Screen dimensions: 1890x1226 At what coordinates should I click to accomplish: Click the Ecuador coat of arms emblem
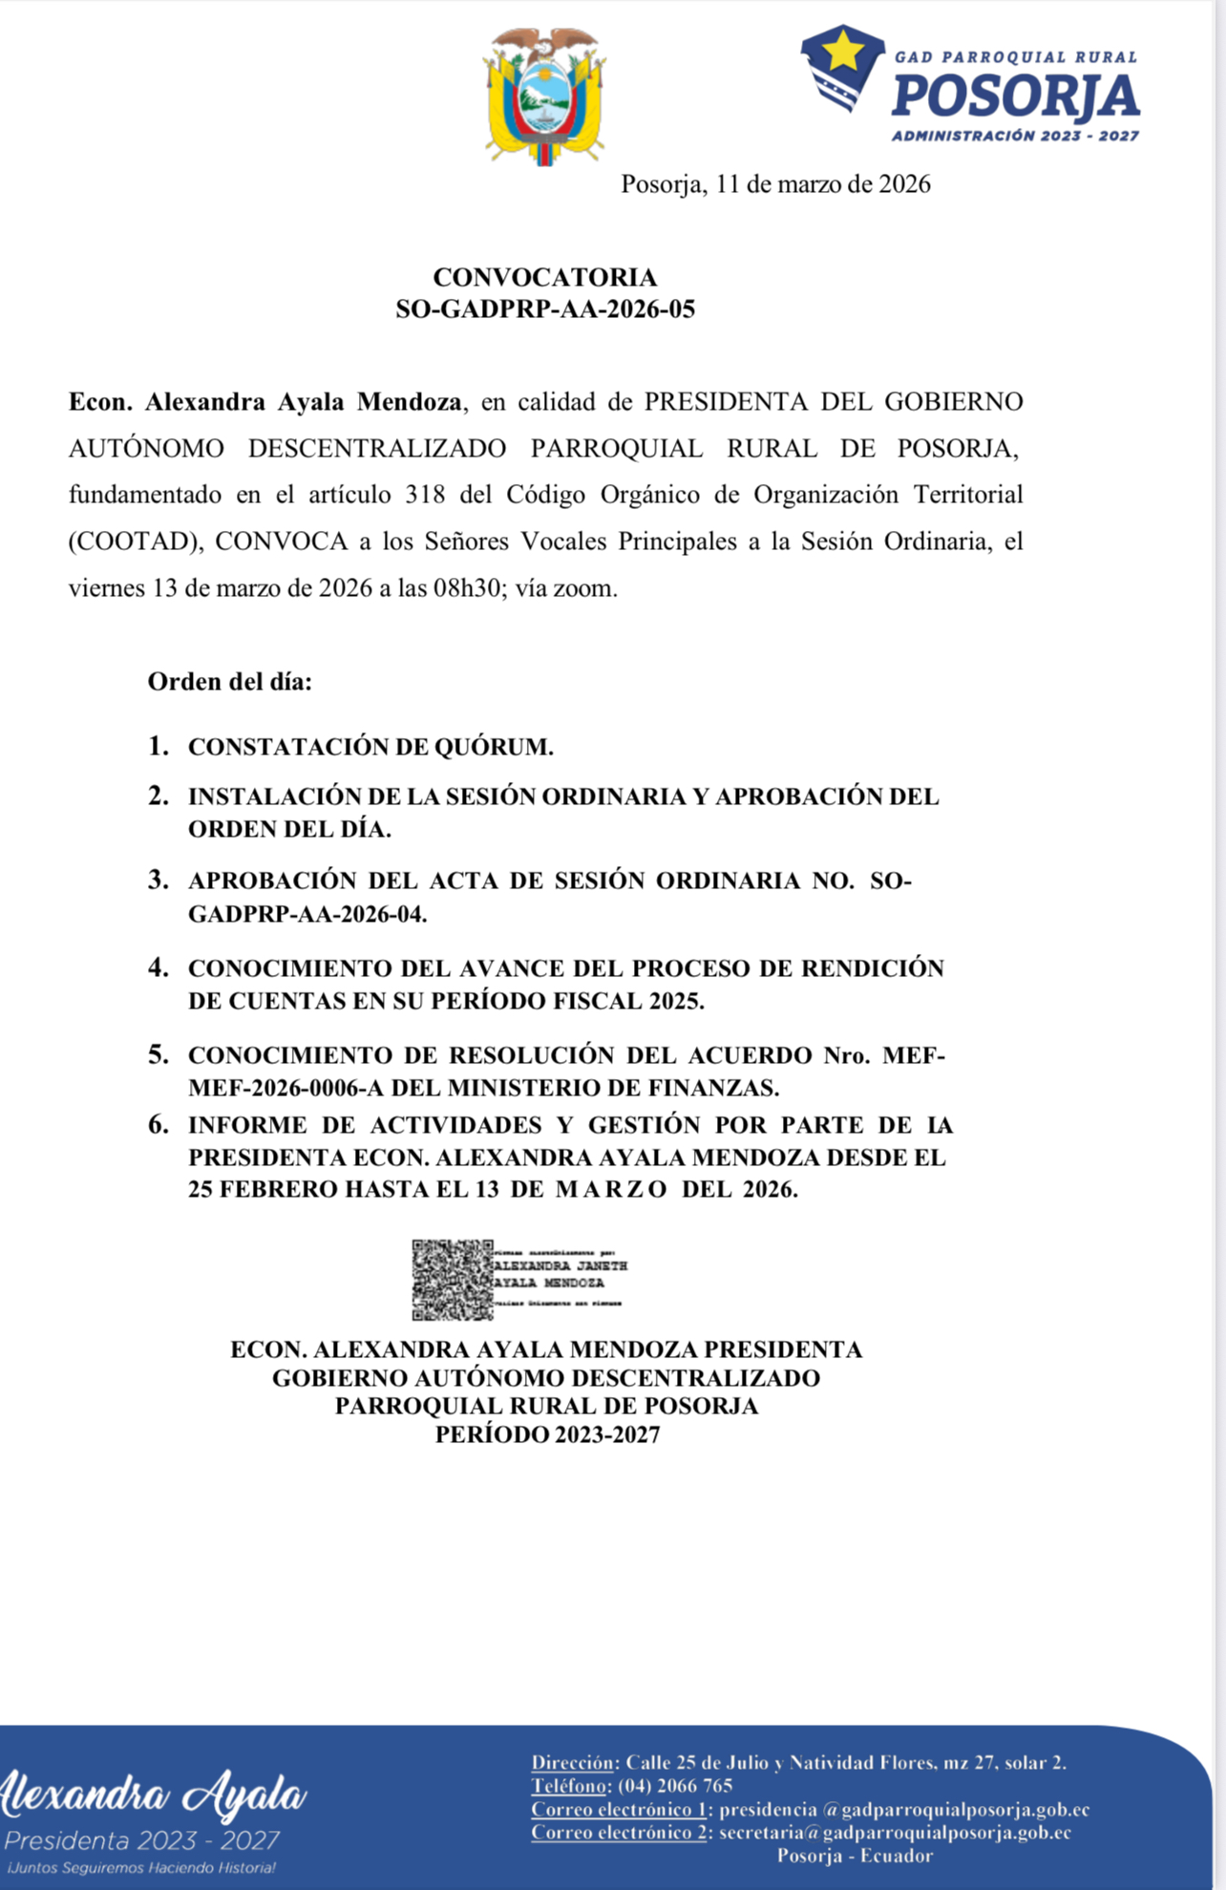click(544, 96)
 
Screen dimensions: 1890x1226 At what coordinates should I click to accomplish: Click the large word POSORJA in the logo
click(1015, 96)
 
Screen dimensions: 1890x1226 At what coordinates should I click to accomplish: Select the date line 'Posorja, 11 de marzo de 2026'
click(775, 183)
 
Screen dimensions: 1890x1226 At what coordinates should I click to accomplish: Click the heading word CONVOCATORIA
click(544, 277)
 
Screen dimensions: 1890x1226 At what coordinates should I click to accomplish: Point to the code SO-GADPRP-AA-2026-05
click(544, 308)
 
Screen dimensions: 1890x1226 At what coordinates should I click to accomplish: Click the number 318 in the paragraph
click(425, 495)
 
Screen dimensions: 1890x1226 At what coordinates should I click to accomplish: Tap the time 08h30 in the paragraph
click(468, 588)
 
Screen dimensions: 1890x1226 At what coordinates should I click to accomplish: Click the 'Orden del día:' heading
click(229, 682)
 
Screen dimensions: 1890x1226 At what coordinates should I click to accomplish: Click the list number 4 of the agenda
click(159, 967)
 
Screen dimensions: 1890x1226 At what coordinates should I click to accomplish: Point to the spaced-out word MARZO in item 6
click(611, 1189)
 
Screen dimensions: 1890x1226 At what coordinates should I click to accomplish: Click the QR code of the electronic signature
click(452, 1280)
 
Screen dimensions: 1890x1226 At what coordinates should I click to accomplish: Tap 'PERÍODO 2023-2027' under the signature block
click(547, 1434)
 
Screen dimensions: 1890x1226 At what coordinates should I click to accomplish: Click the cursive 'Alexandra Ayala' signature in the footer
click(153, 1795)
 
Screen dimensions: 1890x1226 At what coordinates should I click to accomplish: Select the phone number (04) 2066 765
click(675, 1786)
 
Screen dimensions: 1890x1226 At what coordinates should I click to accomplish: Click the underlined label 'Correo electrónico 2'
click(619, 1833)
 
